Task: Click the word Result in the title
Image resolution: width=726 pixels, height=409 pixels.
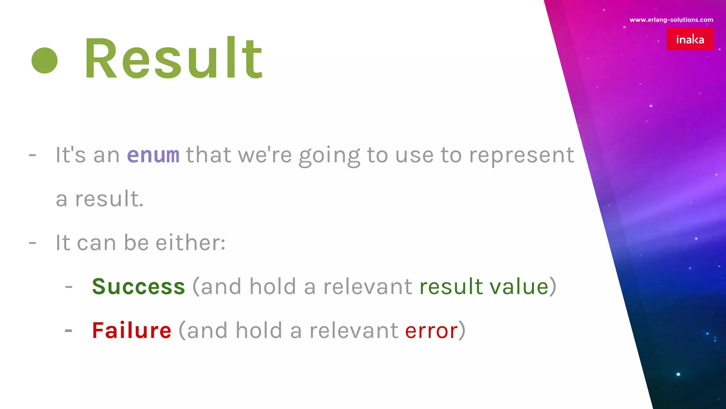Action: point(173,58)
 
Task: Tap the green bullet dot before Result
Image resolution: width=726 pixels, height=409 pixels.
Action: point(45,61)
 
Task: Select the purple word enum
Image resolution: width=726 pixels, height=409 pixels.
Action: point(153,155)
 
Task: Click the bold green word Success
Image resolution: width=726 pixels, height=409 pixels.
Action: point(139,287)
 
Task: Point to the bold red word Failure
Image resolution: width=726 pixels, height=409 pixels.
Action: point(132,331)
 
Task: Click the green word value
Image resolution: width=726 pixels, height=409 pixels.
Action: point(519,287)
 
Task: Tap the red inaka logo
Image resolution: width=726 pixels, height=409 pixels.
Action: point(690,39)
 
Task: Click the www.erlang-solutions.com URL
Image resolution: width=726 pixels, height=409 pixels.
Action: point(671,20)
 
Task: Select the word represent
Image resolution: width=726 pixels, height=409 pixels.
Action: point(521,156)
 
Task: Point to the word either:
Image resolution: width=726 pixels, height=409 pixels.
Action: point(190,243)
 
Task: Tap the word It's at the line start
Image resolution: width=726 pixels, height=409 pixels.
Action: point(71,155)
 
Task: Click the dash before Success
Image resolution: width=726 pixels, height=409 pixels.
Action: point(69,287)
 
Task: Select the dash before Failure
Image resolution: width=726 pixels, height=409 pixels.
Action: point(69,331)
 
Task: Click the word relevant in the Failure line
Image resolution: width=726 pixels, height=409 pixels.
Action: point(354,331)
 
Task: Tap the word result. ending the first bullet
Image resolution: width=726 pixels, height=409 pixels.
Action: point(109,199)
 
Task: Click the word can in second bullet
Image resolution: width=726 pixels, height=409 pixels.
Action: point(96,243)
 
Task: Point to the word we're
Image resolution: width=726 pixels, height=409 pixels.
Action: point(265,155)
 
